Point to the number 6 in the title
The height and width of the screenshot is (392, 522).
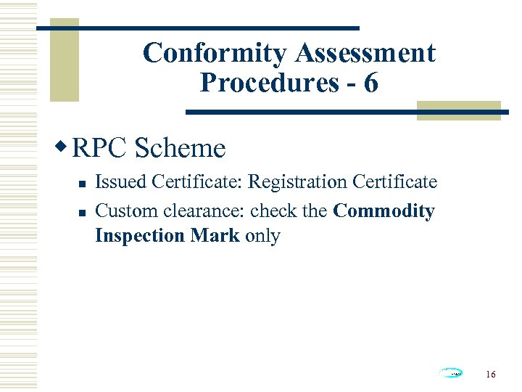pyautogui.click(x=370, y=83)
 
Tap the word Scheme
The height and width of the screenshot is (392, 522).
pyautogui.click(x=180, y=148)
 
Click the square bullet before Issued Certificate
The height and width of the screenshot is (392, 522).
pyautogui.click(x=83, y=183)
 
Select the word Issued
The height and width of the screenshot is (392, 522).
pyautogui.click(x=119, y=181)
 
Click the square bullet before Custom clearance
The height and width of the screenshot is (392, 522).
pyautogui.click(x=83, y=213)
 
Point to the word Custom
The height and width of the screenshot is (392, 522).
pyautogui.click(x=120, y=211)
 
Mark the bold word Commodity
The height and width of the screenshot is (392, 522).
pyautogui.click(x=384, y=211)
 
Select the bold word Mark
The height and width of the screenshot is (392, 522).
pyautogui.click(x=215, y=236)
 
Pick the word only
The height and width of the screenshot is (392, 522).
pyautogui.click(x=262, y=236)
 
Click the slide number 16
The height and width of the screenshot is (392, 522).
pyautogui.click(x=491, y=375)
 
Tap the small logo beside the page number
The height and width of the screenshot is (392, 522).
pyautogui.click(x=451, y=373)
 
